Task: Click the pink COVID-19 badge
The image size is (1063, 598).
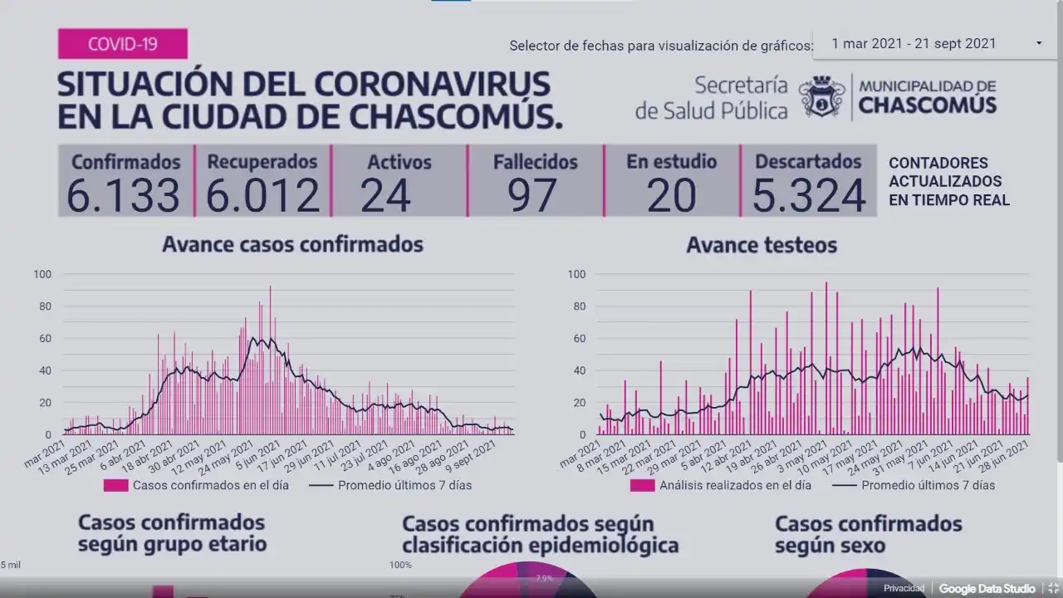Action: coord(122,43)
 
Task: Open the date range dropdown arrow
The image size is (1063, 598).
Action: coord(1039,43)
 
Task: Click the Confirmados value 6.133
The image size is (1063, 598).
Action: coord(124,196)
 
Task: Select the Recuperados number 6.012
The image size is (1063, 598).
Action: coord(262,196)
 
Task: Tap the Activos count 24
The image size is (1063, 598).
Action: coord(386,196)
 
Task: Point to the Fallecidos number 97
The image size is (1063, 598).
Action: coord(532,196)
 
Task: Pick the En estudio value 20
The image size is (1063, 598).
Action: coord(672,196)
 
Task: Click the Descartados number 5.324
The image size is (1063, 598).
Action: coord(809,196)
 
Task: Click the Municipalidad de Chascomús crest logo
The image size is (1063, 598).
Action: coord(821,97)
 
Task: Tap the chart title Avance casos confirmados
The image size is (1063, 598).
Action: coord(292,244)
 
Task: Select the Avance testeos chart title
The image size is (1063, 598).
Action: coord(762,245)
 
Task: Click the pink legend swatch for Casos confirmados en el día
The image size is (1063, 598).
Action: coord(115,485)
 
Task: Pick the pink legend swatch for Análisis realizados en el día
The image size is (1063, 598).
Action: coord(642,485)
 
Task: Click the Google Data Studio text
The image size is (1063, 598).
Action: coord(987,588)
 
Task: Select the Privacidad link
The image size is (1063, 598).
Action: coord(904,588)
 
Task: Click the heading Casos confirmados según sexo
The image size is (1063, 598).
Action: coord(868,534)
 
